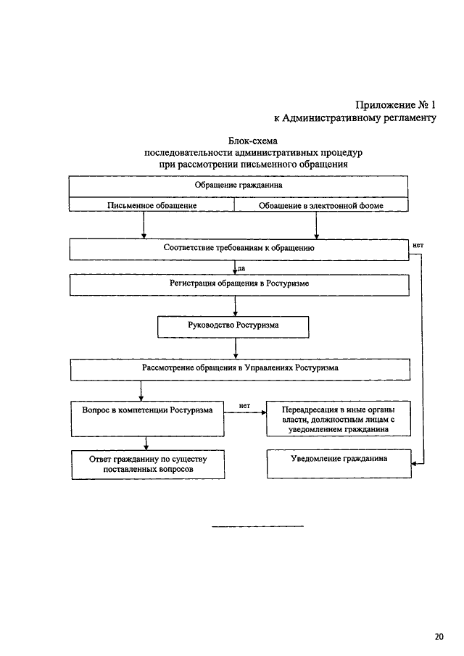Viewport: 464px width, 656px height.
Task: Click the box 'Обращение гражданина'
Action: [x=238, y=186]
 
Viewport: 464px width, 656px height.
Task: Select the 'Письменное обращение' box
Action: [x=152, y=204]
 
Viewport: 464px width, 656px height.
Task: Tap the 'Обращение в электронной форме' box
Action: [x=321, y=204]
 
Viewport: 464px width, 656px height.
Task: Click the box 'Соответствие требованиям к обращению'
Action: [x=239, y=249]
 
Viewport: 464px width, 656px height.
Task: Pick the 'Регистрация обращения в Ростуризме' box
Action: [x=239, y=285]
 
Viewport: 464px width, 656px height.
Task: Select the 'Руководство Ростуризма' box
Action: [x=233, y=327]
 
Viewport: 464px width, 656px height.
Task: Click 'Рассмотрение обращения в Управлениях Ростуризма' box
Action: [x=240, y=370]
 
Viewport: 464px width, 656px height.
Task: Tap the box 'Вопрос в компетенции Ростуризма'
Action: [x=147, y=419]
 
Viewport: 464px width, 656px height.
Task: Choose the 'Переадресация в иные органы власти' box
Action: [x=339, y=419]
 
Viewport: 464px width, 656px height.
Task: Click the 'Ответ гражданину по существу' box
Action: [x=148, y=465]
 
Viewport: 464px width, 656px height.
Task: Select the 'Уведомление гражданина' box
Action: [x=339, y=464]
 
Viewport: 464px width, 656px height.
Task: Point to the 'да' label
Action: [x=241, y=268]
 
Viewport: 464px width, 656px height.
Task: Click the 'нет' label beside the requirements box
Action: [x=418, y=245]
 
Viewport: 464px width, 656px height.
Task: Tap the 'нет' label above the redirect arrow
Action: [x=244, y=405]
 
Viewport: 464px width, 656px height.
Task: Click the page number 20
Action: [x=439, y=636]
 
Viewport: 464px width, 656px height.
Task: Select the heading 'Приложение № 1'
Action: [x=395, y=104]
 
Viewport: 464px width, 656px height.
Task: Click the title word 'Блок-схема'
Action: [x=253, y=141]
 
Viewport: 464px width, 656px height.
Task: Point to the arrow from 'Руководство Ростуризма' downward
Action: [x=236, y=348]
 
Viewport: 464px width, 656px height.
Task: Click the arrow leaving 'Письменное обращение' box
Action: [x=144, y=225]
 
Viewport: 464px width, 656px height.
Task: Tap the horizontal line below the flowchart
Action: [x=257, y=526]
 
